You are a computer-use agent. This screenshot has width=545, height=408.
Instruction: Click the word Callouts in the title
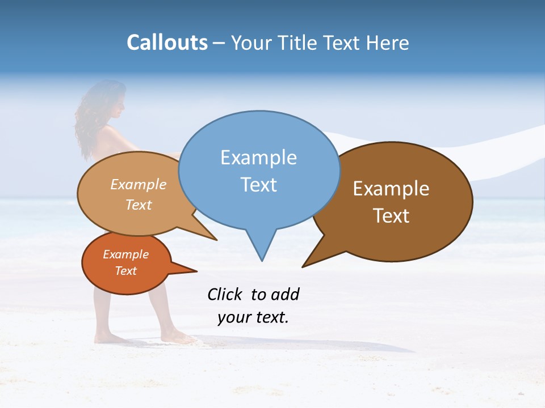(167, 43)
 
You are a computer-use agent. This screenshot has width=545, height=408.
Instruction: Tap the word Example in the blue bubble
(258, 158)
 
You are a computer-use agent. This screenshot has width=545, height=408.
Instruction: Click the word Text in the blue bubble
(258, 185)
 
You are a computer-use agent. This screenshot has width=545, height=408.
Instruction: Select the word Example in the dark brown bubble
(391, 189)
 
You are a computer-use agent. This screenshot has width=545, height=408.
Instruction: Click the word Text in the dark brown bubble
(391, 216)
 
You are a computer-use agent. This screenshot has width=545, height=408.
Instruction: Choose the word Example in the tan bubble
(139, 184)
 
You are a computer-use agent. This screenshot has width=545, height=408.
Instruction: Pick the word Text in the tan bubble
(139, 205)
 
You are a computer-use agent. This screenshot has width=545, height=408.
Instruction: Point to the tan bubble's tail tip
(216, 239)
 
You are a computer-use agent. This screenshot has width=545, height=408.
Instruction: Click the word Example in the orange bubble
(126, 254)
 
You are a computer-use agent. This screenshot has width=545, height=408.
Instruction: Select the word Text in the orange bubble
(126, 271)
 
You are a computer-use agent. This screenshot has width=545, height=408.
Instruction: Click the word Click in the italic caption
(225, 294)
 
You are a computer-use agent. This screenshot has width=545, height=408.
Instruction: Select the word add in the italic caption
(284, 294)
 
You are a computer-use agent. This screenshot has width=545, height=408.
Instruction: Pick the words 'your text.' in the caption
(253, 317)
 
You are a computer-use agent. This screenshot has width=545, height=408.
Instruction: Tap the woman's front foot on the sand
(176, 338)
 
